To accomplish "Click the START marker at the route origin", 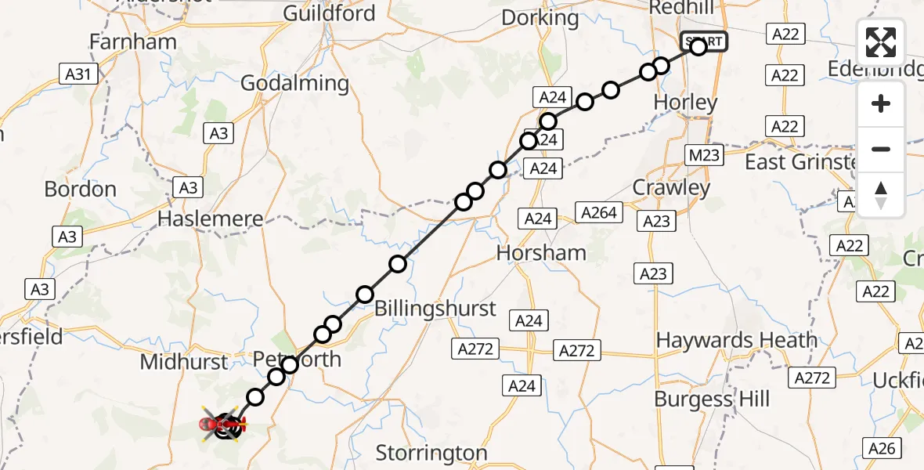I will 704,41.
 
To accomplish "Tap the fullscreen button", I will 881,42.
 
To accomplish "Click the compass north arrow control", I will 881,195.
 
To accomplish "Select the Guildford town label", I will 329,13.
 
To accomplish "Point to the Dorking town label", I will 540,17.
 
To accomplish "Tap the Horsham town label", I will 542,253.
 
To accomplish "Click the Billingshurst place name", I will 435,309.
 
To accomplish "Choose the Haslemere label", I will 210,219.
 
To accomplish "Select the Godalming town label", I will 294,83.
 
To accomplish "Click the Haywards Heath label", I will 736,341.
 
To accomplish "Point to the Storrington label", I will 431,453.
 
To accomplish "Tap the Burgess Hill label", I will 712,399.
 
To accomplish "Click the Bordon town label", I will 81,190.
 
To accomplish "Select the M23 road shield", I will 703,155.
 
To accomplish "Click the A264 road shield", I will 599,211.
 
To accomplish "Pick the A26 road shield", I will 882,449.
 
